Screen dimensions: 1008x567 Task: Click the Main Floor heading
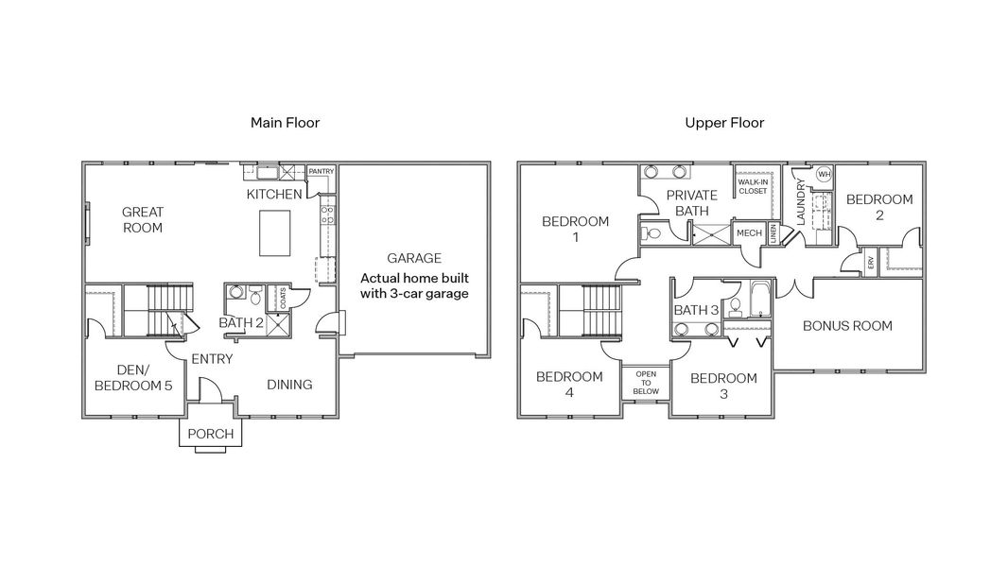pos(285,123)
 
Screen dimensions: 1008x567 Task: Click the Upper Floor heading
pos(724,123)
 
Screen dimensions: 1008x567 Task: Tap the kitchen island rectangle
pos(274,233)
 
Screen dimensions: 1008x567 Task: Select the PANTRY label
pos(322,171)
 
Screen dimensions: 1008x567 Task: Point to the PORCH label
pos(211,434)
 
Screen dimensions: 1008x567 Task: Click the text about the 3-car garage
pos(414,285)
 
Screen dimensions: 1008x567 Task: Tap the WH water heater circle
pos(825,175)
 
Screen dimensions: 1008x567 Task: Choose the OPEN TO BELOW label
pos(646,383)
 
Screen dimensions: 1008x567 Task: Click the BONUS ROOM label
pos(847,326)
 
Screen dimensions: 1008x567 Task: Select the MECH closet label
pos(749,233)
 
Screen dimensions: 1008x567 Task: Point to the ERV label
pos(871,263)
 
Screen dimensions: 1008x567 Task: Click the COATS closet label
pos(283,298)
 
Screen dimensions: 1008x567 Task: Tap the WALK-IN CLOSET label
pos(753,186)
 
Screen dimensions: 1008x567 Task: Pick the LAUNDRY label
pos(801,201)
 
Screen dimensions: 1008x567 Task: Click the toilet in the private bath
pos(651,232)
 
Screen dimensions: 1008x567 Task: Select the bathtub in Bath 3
pos(759,299)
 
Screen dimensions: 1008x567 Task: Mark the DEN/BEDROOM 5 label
pos(133,378)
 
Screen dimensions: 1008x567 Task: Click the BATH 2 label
pos(241,322)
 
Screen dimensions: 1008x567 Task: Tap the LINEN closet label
pos(773,233)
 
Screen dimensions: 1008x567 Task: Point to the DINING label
pos(289,385)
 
